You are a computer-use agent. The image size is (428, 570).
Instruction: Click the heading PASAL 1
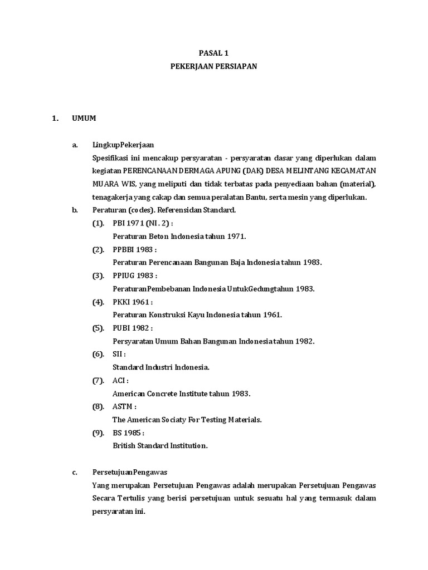(x=214, y=53)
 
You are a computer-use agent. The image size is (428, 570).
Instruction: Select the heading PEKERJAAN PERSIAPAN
(x=214, y=66)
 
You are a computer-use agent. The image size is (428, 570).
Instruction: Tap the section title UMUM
(x=83, y=118)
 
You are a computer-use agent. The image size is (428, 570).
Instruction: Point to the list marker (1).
(x=98, y=223)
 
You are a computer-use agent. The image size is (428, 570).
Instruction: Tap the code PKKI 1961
(x=131, y=302)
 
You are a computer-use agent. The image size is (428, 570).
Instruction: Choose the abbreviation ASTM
(x=123, y=406)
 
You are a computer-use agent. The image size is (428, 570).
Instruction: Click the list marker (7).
(x=98, y=380)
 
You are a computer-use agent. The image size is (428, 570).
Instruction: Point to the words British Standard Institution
(x=160, y=445)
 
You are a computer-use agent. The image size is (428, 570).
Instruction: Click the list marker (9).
(x=98, y=433)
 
